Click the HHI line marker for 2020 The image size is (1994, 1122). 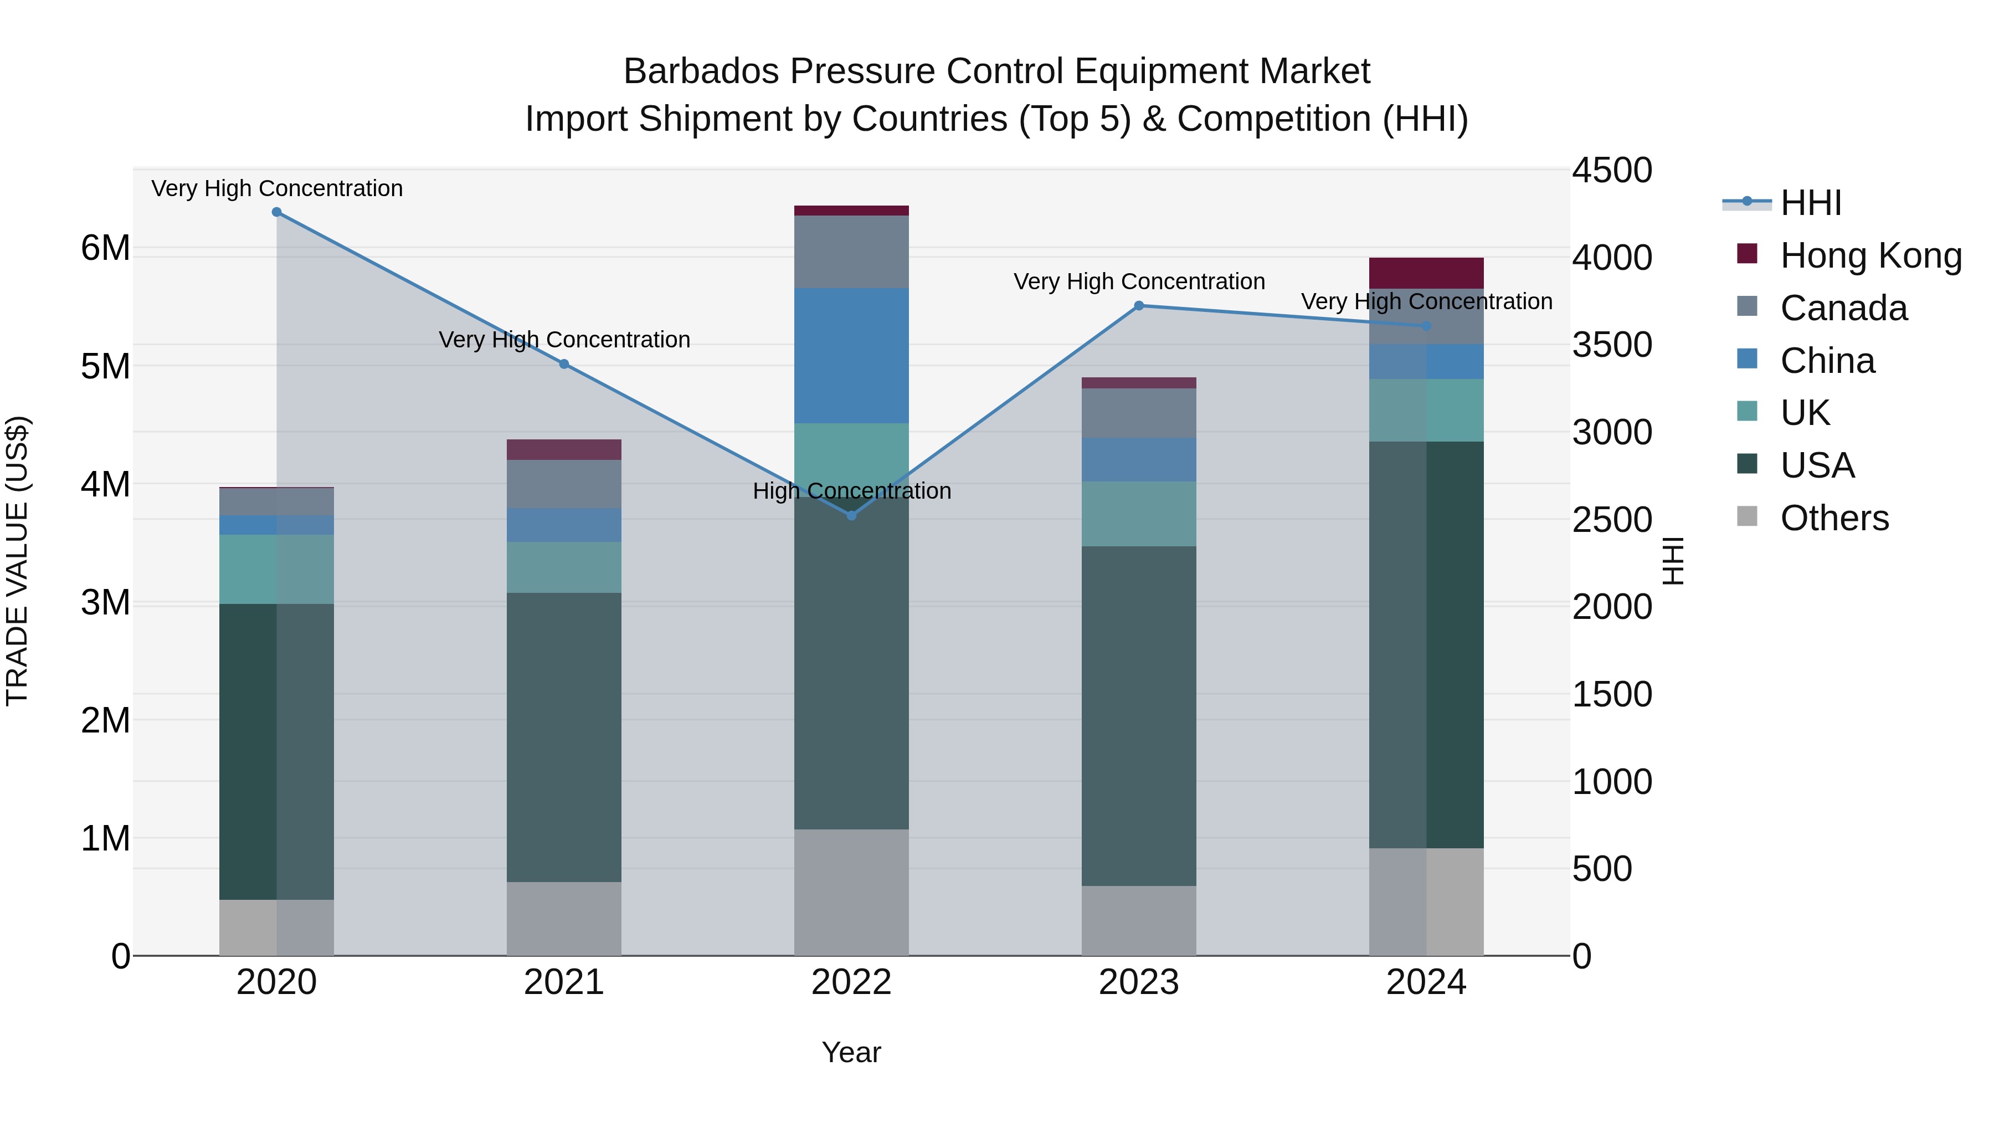(276, 212)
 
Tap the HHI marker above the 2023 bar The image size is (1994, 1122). (1139, 306)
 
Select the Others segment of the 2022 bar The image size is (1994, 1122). (851, 892)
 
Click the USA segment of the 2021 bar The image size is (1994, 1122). (563, 737)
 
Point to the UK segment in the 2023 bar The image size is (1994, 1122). (1139, 514)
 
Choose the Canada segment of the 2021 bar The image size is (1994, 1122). (563, 484)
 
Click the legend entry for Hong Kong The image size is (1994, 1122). (1870, 255)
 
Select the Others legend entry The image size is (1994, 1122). (1834, 518)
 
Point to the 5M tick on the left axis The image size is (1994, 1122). (105, 366)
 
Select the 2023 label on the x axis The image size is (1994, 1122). (1139, 982)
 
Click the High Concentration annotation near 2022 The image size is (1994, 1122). (851, 491)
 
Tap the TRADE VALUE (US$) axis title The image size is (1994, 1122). (17, 561)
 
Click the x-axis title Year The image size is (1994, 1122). (851, 1052)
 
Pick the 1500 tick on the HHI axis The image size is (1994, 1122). (1612, 695)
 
